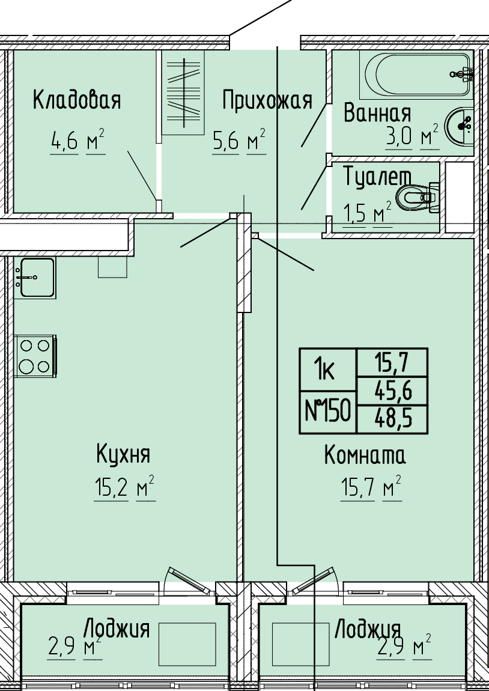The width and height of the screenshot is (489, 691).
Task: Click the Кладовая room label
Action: coord(77,100)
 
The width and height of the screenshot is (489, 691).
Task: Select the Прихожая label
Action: coord(267,101)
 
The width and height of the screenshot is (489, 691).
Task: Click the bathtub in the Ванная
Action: coord(416,75)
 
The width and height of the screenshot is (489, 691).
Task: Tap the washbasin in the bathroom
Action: coord(459,125)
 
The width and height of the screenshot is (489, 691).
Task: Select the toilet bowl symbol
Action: coord(417,198)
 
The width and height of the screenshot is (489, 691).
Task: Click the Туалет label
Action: coord(377,177)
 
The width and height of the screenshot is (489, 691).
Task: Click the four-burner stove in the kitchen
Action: coord(35,356)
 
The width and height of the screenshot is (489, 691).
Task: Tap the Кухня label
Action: coord(123,454)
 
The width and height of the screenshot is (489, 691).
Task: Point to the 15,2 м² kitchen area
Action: coord(124,489)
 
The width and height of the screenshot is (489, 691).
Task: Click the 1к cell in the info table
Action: coord(328,370)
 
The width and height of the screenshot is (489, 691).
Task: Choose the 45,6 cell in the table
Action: coord(392,391)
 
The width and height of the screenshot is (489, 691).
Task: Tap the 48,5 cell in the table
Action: coord(392,419)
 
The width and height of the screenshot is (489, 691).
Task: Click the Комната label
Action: coord(365,455)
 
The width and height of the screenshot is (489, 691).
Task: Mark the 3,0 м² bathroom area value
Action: coord(412,136)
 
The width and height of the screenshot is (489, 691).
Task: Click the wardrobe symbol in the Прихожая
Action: coord(183,93)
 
